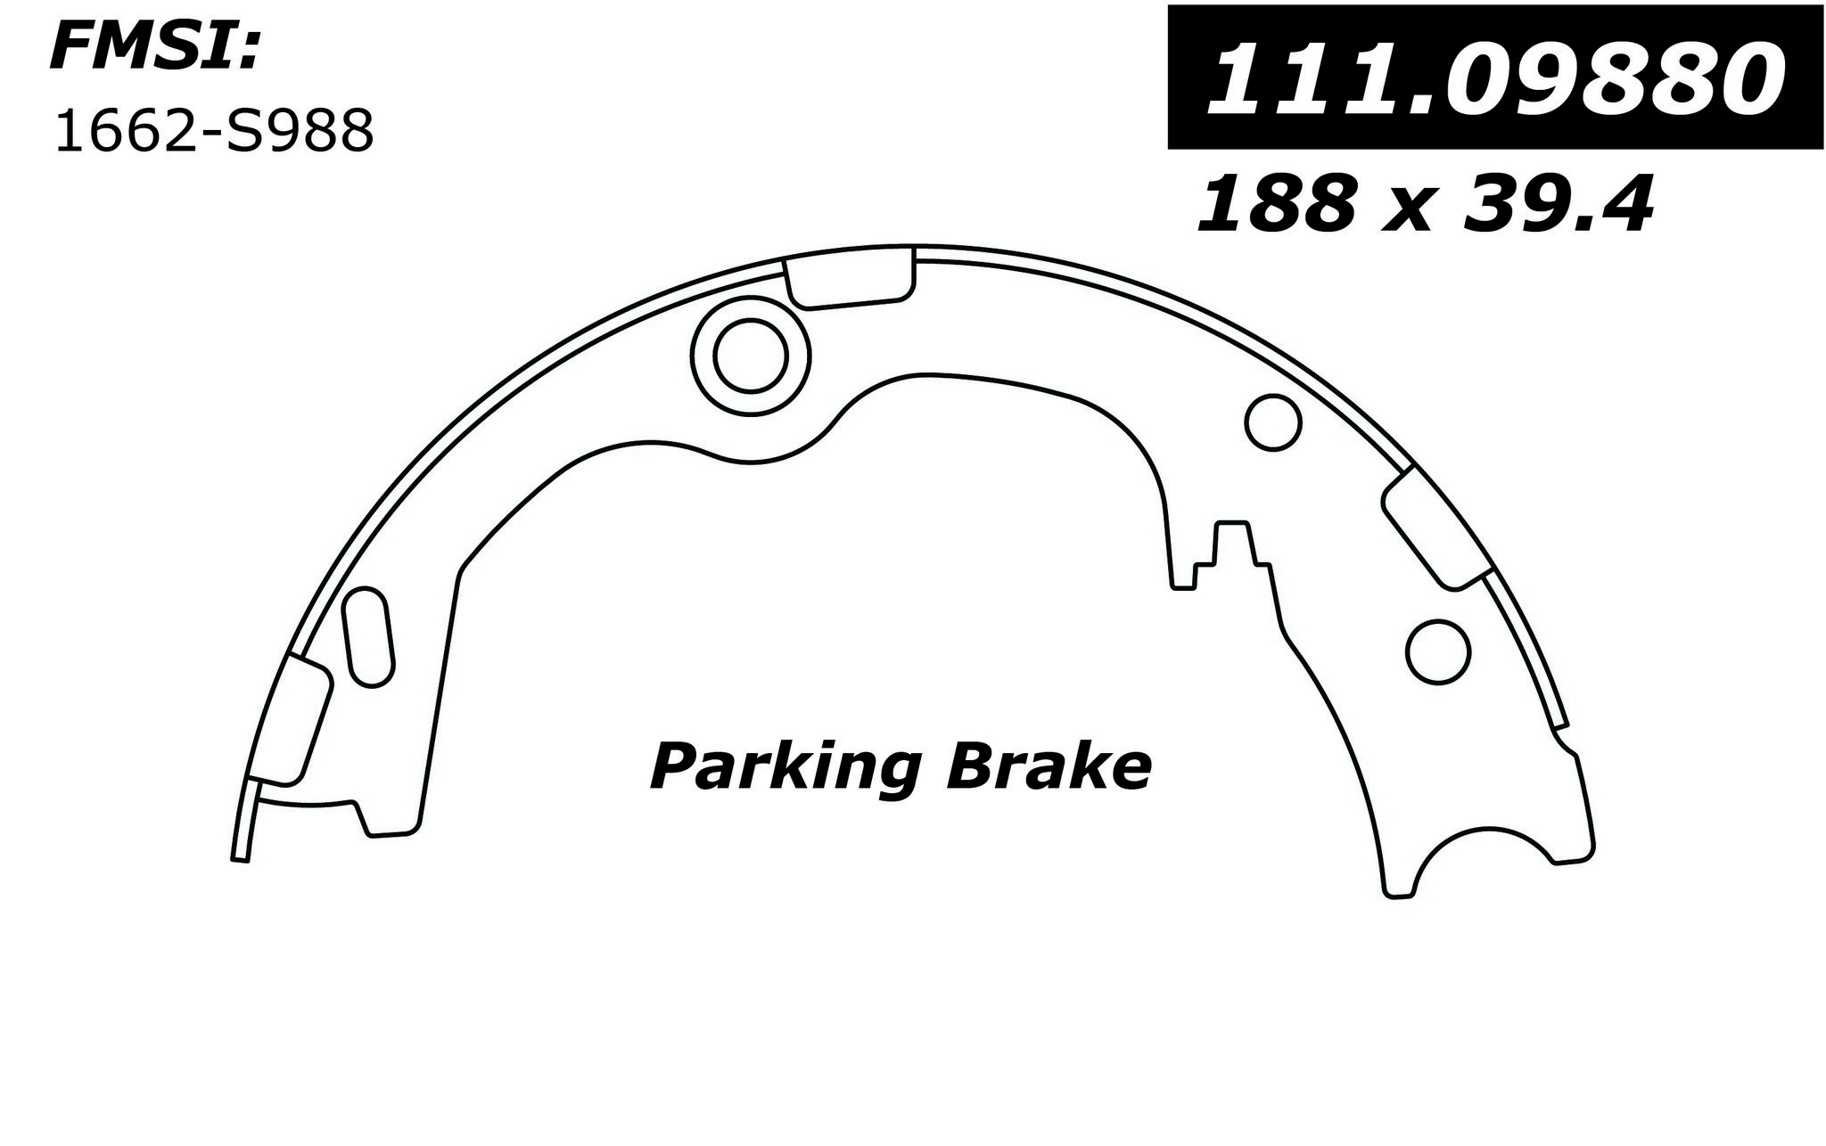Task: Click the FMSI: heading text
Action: pyautogui.click(x=154, y=46)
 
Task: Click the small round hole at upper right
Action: pyautogui.click(x=1272, y=422)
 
